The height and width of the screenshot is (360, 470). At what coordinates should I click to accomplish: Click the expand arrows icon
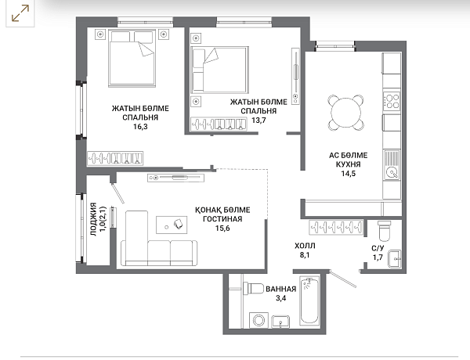[x=20, y=13]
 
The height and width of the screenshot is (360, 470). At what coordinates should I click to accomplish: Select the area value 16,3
[x=140, y=127]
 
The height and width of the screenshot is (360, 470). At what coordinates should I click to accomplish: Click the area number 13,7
[x=258, y=121]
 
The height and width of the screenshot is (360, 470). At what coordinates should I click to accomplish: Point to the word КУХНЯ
[x=349, y=164]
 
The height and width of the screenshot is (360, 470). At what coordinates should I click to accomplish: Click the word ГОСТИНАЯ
[x=222, y=219]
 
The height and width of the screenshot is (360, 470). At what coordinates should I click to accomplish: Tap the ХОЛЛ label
[x=305, y=247]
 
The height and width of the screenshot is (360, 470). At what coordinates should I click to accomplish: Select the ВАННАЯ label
[x=281, y=289]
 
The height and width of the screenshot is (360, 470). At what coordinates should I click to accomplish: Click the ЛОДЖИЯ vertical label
[x=93, y=220]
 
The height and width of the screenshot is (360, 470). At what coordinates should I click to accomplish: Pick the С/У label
[x=378, y=248]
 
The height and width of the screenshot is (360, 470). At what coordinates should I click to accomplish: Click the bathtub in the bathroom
[x=309, y=301]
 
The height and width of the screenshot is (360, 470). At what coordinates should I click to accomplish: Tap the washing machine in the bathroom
[x=258, y=320]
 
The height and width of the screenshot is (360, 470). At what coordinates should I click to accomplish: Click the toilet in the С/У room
[x=385, y=231]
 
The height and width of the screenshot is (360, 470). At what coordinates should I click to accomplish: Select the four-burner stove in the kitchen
[x=392, y=101]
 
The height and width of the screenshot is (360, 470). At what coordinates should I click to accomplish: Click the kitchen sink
[x=392, y=165]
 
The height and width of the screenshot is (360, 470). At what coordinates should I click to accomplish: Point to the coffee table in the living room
[x=172, y=225]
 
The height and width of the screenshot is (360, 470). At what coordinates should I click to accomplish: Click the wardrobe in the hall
[x=336, y=227]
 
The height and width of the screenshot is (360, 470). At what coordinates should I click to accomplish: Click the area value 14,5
[x=349, y=174]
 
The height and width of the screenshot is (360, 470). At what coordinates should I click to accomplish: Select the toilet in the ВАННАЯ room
[x=252, y=289]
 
